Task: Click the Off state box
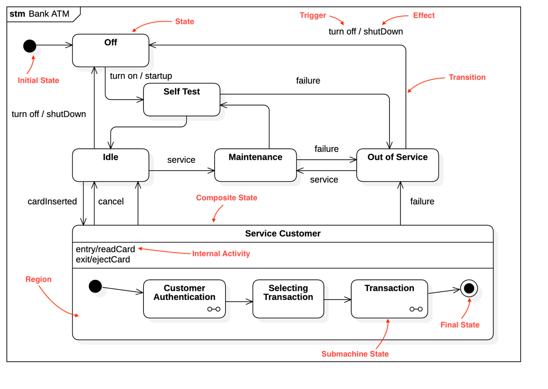111,51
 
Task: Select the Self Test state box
182,100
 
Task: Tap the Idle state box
111,165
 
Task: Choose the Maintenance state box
255,165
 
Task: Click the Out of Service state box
397,165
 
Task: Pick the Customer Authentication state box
184,299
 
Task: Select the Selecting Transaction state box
288,299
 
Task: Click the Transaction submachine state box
389,299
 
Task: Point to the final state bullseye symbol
469,289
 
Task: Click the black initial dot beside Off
30,46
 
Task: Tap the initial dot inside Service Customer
95,286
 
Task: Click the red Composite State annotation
227,198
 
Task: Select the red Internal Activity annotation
221,253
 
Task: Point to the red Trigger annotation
313,16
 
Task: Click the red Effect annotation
423,16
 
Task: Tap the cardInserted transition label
52,201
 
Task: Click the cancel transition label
111,201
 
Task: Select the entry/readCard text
105,249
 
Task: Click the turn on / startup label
141,76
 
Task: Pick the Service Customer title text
283,234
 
